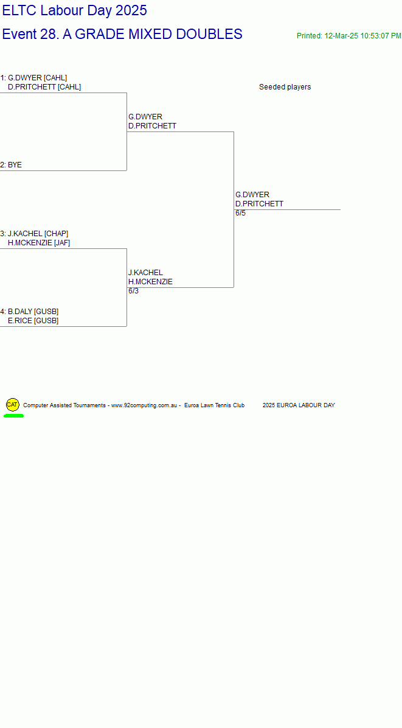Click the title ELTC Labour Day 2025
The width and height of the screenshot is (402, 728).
tap(75, 10)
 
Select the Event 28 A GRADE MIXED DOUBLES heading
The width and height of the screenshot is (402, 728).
tap(122, 34)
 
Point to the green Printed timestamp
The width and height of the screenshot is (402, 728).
tap(349, 36)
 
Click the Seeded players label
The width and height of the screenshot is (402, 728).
tap(285, 87)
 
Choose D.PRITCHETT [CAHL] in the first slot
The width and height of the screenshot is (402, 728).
tap(44, 87)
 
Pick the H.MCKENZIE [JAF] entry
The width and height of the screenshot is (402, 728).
tap(39, 243)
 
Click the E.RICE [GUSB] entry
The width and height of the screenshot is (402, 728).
tap(33, 321)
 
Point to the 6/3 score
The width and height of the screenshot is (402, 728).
tap(134, 291)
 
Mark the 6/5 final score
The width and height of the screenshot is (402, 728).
tap(241, 213)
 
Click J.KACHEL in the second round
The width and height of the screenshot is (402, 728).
tap(145, 273)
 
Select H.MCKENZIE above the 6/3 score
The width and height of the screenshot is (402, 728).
tap(151, 282)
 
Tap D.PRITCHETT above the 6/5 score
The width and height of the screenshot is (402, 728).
tap(260, 204)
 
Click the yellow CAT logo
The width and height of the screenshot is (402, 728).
tap(13, 405)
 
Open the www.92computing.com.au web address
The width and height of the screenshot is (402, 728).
tap(145, 405)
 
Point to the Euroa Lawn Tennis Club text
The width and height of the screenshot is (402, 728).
tap(214, 405)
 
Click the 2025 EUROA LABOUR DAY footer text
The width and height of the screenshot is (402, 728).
tap(299, 405)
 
